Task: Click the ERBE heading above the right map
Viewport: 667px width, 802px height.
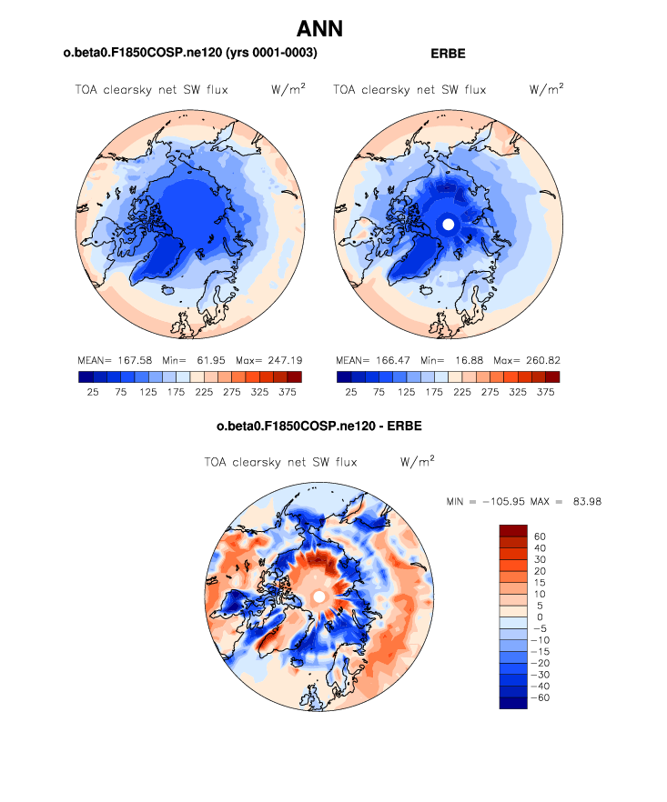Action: (x=447, y=54)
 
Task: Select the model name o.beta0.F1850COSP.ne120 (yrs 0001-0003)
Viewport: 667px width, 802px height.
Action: (x=190, y=54)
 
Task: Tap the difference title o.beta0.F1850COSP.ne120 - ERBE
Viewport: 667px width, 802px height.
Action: (x=318, y=426)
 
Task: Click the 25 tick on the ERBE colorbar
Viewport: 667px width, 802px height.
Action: (x=350, y=392)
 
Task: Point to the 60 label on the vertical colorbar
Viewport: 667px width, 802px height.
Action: (x=540, y=536)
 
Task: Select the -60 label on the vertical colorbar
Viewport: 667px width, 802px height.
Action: (x=542, y=697)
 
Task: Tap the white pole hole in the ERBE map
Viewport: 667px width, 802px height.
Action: (x=446, y=223)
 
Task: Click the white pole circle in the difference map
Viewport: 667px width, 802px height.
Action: (x=318, y=596)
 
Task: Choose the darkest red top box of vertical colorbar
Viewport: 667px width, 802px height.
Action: (x=513, y=530)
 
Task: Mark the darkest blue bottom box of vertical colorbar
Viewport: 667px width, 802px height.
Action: (x=513, y=703)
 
